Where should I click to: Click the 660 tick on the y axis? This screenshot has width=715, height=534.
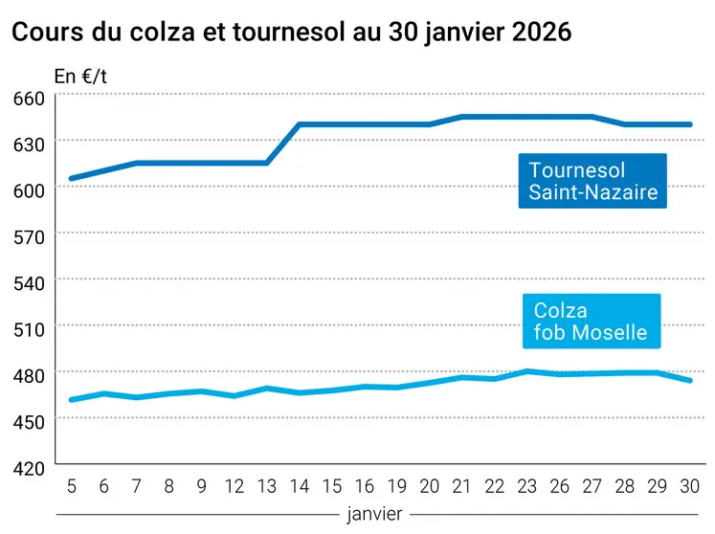29,98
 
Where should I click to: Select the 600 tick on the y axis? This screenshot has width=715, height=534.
29,190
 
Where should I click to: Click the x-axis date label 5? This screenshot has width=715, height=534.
72,485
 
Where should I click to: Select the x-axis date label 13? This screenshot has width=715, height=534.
266,485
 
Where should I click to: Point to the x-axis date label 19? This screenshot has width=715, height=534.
396,485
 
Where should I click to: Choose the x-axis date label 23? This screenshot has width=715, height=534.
526,485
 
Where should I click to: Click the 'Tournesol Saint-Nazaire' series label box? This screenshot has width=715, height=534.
592,181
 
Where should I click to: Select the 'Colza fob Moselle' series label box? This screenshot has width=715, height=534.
591,322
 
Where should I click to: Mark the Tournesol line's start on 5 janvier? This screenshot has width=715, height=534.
72,179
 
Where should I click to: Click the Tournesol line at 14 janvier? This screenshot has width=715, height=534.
300,124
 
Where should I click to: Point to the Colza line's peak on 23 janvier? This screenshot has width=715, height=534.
526,371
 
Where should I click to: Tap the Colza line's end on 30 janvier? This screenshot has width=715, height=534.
689,381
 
